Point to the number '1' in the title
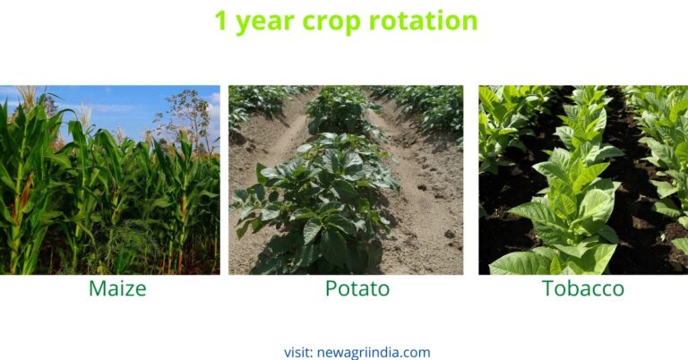click(x=222, y=21)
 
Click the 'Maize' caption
click(x=117, y=288)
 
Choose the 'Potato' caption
click(x=345, y=288)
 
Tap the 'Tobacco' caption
click(x=583, y=288)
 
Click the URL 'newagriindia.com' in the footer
click(x=374, y=352)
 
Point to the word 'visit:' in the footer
click(x=298, y=352)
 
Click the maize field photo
click(x=109, y=179)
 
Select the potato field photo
click(x=346, y=179)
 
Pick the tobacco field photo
click(x=583, y=179)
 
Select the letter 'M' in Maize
click(x=97, y=288)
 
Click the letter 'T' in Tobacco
click(x=547, y=288)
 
